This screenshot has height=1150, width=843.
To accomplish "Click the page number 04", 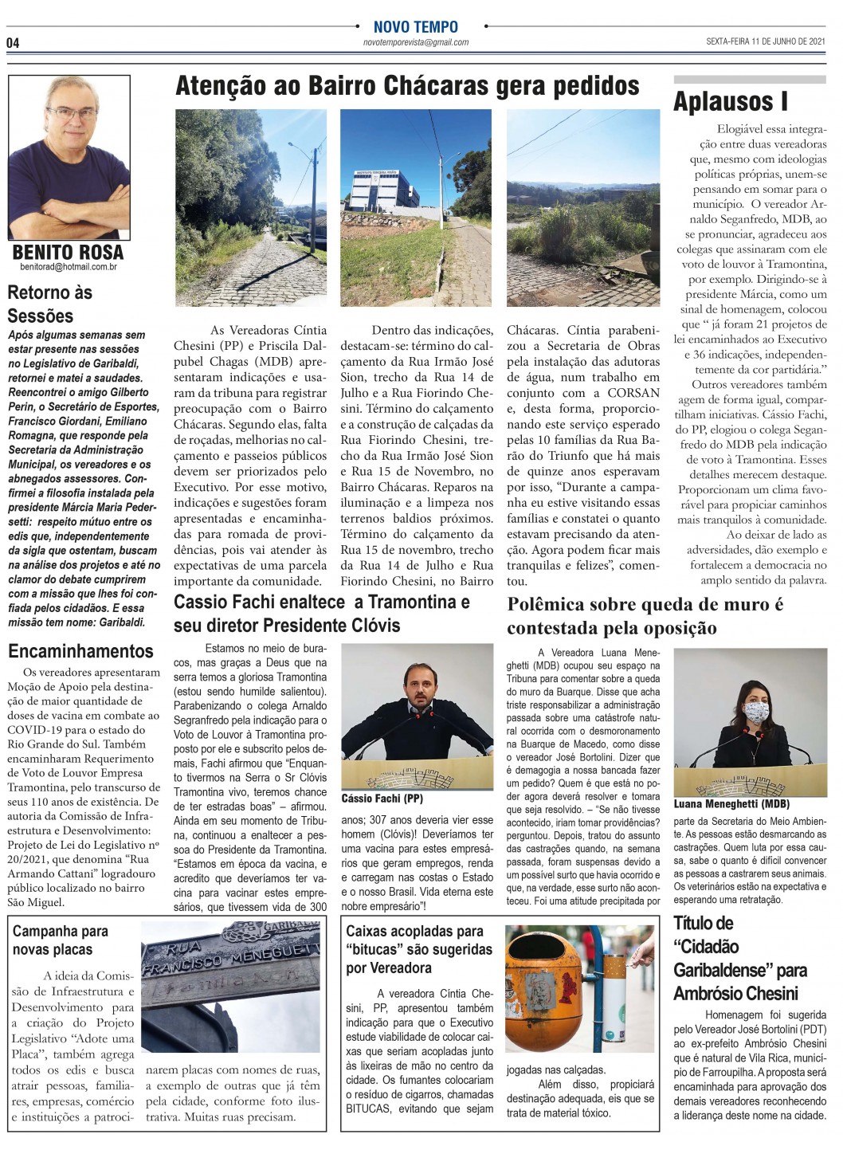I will coord(13,43).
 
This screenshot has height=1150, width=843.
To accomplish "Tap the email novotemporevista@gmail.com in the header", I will coord(416,42).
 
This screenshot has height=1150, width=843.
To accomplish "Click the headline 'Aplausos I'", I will coord(730,102).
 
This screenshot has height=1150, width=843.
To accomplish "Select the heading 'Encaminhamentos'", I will coord(80,651).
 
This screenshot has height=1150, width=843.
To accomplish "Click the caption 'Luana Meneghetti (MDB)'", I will coord(731,804).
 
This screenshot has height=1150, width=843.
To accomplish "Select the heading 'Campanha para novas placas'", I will coord(60,940).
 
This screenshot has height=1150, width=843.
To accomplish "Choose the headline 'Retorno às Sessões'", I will coord(50,304).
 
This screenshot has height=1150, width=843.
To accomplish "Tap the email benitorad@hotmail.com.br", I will coord(69,268).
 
